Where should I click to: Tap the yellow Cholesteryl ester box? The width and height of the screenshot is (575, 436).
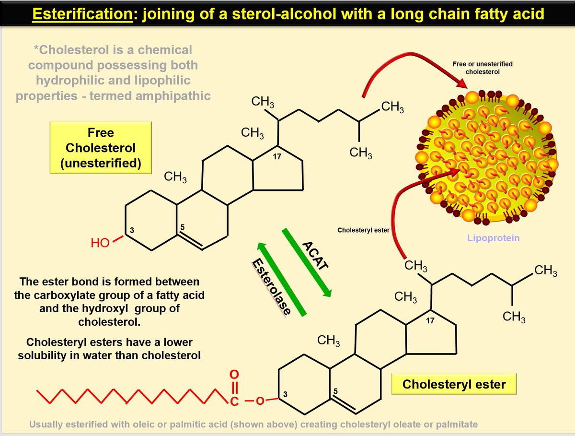coord(454,384)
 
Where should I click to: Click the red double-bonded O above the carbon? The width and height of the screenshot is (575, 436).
coord(234,373)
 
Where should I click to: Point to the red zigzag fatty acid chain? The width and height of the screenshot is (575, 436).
coord(129,396)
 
